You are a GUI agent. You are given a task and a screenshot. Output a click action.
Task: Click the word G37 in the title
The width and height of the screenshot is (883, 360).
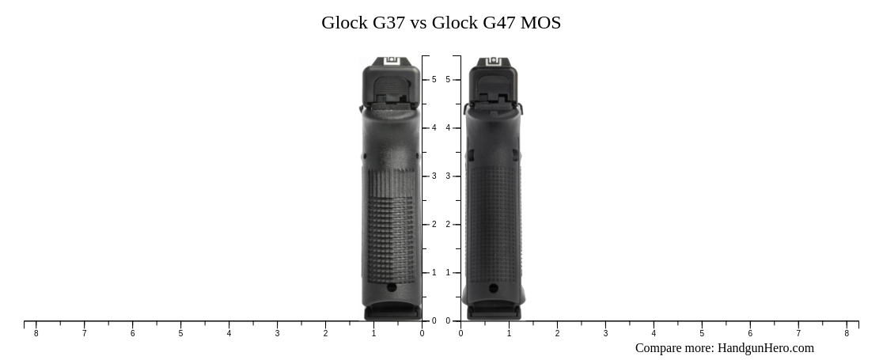click(388, 23)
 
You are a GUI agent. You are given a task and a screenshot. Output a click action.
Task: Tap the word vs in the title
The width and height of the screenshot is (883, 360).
click(419, 23)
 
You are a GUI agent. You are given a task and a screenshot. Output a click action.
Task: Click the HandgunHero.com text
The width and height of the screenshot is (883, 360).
click(765, 348)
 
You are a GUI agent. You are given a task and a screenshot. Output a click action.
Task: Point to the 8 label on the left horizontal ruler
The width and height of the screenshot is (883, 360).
click(36, 334)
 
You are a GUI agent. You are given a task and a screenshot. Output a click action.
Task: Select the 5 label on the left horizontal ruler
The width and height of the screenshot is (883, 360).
click(180, 334)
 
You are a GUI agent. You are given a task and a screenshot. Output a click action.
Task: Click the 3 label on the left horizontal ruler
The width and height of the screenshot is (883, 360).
click(277, 334)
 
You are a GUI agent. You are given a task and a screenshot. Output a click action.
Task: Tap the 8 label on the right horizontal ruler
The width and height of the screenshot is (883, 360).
click(847, 334)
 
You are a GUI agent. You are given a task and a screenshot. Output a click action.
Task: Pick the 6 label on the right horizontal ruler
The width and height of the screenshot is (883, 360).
click(750, 334)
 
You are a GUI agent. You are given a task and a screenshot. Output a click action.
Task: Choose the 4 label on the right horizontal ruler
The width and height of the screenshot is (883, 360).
click(654, 334)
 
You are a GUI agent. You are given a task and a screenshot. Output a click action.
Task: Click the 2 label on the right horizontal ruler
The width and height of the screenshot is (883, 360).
click(557, 334)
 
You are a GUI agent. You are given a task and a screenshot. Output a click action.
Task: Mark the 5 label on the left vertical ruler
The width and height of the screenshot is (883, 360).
click(434, 80)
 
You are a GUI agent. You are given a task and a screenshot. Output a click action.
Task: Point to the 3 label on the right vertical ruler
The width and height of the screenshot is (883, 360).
click(448, 176)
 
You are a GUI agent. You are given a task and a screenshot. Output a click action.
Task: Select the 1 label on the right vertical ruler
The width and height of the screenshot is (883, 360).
click(448, 273)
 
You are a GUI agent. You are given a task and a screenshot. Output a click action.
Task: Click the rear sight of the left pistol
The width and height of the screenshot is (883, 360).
click(391, 61)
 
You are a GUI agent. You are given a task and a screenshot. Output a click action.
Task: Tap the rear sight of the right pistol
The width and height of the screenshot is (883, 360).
click(493, 61)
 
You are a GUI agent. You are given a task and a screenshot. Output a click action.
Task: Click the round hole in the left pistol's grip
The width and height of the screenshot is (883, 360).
click(391, 288)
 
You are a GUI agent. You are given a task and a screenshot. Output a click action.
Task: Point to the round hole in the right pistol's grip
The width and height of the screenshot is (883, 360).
click(494, 289)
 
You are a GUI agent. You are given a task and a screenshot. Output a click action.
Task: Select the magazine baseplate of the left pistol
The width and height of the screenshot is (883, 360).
click(392, 313)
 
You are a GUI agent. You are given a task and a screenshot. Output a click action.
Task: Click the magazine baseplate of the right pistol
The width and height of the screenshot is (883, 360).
click(494, 313)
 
